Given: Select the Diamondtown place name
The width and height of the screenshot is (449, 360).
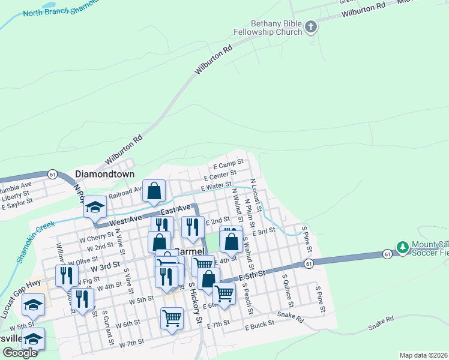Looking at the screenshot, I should tap(99, 174).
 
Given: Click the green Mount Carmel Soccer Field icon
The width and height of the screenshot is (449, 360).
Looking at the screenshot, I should tap(402, 247).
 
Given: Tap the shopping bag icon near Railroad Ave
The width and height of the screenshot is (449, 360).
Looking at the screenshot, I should tap(154, 191).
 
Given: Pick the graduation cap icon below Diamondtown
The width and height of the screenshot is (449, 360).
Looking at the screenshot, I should tap(95, 207).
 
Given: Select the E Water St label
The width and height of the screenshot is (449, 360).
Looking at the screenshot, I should tap(216, 187).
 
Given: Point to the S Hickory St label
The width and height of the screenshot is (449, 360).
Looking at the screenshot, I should tap(194, 303).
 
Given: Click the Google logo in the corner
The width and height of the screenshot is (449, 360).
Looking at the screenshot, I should tap(20, 353).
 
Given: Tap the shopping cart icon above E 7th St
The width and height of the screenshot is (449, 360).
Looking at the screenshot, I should tap(172, 317).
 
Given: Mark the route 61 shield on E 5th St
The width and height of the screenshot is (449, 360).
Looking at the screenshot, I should tap(309, 263).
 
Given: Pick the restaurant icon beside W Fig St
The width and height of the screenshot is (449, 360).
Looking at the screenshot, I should tap(67, 275).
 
